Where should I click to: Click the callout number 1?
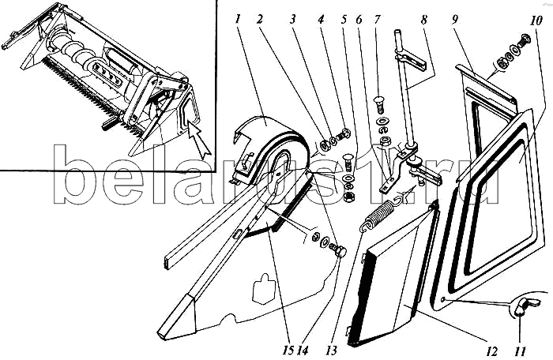[238, 19]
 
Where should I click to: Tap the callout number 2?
[260, 19]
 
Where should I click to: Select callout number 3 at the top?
[292, 19]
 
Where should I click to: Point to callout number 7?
[378, 19]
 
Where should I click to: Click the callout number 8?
[424, 19]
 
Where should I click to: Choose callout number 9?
[455, 19]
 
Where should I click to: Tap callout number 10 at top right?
[536, 21]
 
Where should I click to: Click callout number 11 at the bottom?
[521, 351]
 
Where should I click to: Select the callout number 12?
[491, 351]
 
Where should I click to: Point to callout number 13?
[332, 350]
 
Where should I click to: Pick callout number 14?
[303, 350]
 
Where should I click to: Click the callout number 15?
[288, 350]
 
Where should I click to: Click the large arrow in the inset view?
[199, 140]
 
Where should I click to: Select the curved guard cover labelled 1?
[268, 148]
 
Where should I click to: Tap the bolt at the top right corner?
[523, 39]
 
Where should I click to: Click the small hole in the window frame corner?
[444, 299]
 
